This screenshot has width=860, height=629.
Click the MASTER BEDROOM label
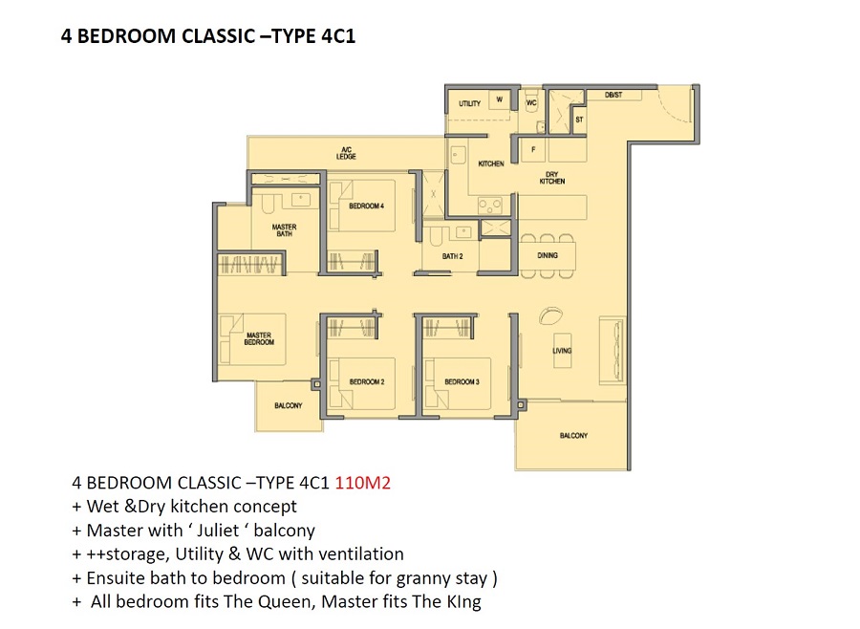pos(259,338)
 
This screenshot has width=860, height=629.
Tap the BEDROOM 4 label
pos(366,206)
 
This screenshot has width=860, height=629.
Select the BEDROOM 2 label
pos(367,381)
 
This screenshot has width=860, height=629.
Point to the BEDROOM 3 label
pos(462,381)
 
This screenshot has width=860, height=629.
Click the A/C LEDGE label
pos(346,153)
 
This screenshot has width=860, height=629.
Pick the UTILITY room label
pos(469,103)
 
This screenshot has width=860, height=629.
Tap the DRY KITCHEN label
pos(551,177)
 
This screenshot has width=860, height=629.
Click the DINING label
pos(548,255)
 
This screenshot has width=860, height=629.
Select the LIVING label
pos(562,350)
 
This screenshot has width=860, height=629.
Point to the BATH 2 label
pos(453,256)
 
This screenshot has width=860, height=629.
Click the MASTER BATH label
pos(284,230)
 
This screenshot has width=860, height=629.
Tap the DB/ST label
pos(613,95)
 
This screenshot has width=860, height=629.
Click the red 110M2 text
pos(362,483)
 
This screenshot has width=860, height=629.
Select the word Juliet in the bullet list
pos(218,531)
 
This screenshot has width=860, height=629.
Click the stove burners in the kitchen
pos(490,206)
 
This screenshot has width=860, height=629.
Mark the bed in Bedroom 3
pos(458,383)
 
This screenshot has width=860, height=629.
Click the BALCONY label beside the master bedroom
pos(289,405)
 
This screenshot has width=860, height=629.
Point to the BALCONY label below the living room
pos(573,435)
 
